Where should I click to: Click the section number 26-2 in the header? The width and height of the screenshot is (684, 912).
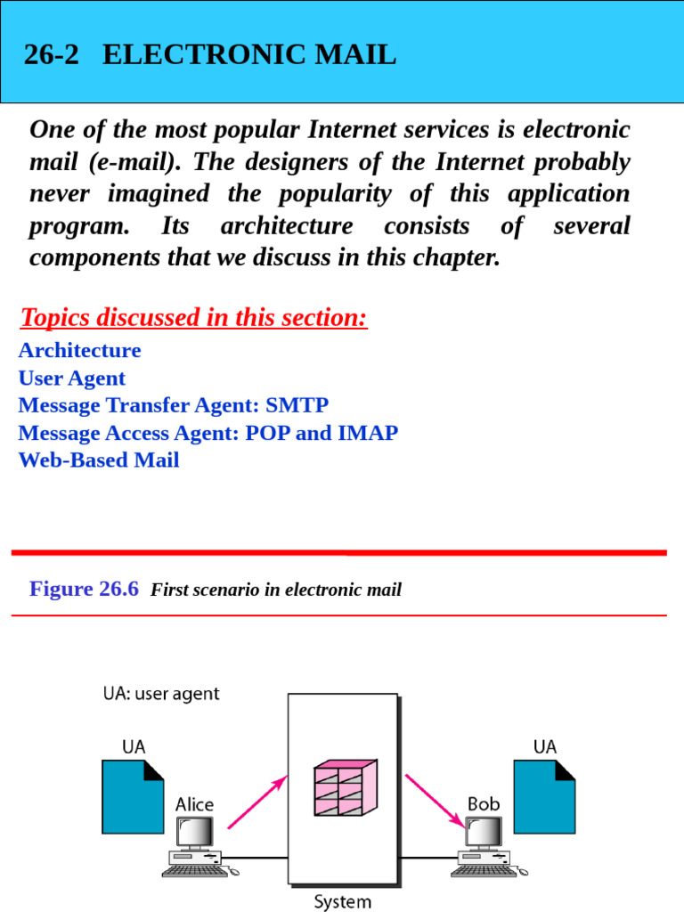[x=51, y=55]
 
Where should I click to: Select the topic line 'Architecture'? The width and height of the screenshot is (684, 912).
[x=79, y=350]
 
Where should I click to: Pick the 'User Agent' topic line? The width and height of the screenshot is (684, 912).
[x=72, y=378]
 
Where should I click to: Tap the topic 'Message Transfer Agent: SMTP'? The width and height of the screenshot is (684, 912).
[x=174, y=405]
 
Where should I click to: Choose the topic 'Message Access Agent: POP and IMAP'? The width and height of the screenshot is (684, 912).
[x=208, y=433]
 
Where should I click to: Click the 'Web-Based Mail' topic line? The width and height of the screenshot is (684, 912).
[x=99, y=460]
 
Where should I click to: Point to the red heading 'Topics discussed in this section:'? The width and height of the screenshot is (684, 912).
[x=193, y=317]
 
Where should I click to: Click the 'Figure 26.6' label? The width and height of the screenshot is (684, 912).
[x=84, y=589]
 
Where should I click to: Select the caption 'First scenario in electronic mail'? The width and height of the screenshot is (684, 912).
[x=276, y=590]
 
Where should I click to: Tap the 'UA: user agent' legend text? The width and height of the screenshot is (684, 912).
[x=161, y=694]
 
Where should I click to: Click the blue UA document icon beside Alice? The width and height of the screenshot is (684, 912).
[x=133, y=795]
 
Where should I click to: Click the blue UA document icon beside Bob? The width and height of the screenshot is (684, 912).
[x=544, y=795]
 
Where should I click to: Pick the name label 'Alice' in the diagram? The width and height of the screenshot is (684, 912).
[x=194, y=804]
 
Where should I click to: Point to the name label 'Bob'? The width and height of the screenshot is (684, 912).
[x=484, y=804]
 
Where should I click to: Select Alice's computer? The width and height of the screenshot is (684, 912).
[x=194, y=847]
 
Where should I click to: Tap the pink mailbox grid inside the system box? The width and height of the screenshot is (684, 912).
[x=345, y=788]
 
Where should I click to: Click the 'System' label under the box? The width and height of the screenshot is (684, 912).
[x=343, y=901]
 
